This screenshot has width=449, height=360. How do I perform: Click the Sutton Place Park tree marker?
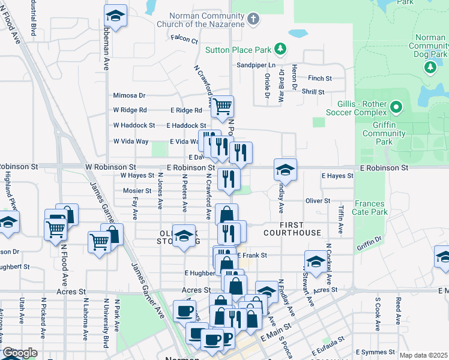point(279,49)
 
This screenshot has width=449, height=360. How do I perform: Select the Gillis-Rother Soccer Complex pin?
point(396,108)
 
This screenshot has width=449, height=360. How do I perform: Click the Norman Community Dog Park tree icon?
point(430,67)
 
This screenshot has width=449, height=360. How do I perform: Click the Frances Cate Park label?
point(371,208)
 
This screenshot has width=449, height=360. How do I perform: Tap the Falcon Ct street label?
point(184,40)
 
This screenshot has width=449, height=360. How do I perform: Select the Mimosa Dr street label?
point(130,95)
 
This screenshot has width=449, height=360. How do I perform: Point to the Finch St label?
point(320,79)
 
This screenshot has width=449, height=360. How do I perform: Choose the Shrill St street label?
point(313,92)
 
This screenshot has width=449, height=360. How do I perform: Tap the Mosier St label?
point(137,191)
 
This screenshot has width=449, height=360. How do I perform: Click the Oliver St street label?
point(318,200)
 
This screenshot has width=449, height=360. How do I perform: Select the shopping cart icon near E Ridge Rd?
point(223,107)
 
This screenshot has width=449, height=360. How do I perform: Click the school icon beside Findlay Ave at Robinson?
point(285,170)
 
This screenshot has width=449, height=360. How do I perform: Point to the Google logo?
point(20,353)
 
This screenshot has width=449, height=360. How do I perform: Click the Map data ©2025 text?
point(423,355)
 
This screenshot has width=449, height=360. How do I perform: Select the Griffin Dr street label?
point(369,241)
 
